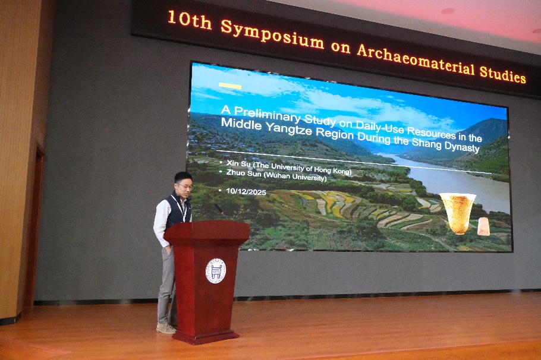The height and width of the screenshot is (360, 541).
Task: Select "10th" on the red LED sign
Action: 190,20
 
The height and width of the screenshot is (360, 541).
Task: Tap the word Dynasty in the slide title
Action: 462,146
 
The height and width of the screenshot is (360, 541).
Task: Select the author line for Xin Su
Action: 289,167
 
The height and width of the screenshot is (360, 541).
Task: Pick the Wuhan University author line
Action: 276,175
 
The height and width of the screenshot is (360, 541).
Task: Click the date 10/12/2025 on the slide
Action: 246,192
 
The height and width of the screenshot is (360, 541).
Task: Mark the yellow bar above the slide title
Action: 230,86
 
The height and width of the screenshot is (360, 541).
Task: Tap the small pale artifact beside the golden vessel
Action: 483,226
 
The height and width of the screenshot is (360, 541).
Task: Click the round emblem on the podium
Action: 216,271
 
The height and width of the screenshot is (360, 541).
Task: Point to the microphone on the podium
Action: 220,211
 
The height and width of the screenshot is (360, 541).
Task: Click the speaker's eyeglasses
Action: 185,187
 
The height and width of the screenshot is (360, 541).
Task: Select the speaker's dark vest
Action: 177,211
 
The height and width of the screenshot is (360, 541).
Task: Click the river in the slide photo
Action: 448,179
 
